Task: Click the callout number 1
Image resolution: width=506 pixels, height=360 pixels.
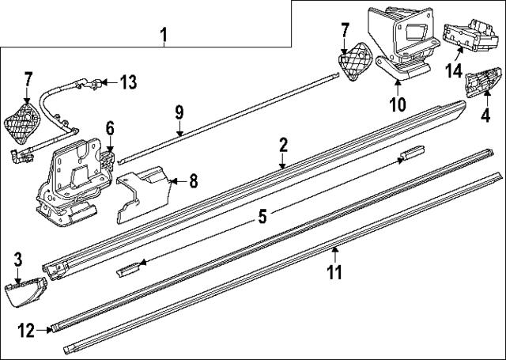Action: tap(164, 35)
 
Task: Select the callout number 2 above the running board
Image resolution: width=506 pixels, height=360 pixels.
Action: tap(283, 145)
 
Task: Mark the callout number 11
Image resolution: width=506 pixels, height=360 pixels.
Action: tap(334, 274)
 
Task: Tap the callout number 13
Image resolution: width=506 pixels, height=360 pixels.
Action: tap(128, 81)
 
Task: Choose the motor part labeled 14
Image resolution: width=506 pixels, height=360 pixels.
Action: tap(466, 38)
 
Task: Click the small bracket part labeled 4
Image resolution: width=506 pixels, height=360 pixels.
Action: tap(481, 82)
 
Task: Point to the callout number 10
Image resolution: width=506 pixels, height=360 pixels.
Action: tap(397, 102)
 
